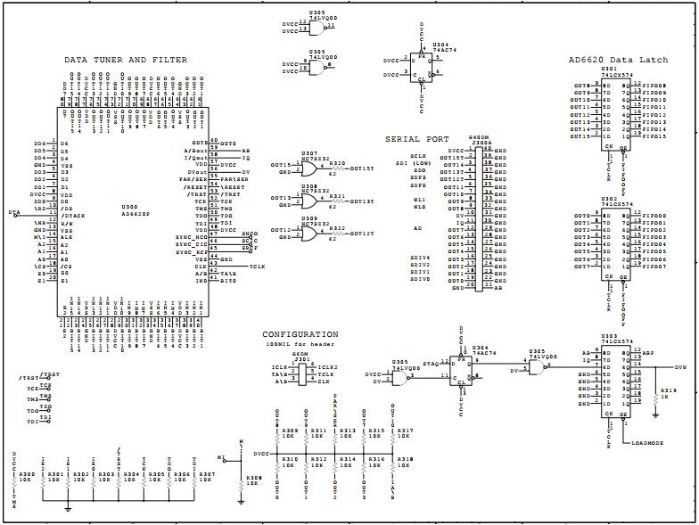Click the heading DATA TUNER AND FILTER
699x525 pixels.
click(126, 61)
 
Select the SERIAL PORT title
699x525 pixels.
click(416, 139)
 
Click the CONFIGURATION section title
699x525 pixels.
click(300, 334)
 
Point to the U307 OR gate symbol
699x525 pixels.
click(308, 167)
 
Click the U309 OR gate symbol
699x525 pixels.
click(308, 233)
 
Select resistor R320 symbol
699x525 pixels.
click(337, 168)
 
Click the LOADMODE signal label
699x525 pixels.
click(648, 443)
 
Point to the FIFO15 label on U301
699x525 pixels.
click(654, 136)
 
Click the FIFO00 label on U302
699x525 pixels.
click(654, 216)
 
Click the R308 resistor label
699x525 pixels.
click(254, 479)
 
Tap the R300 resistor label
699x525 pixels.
click(27, 474)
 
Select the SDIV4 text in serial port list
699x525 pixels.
click(420, 258)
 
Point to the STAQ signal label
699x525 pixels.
click(430, 364)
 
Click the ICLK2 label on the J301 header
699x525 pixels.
click(327, 366)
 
